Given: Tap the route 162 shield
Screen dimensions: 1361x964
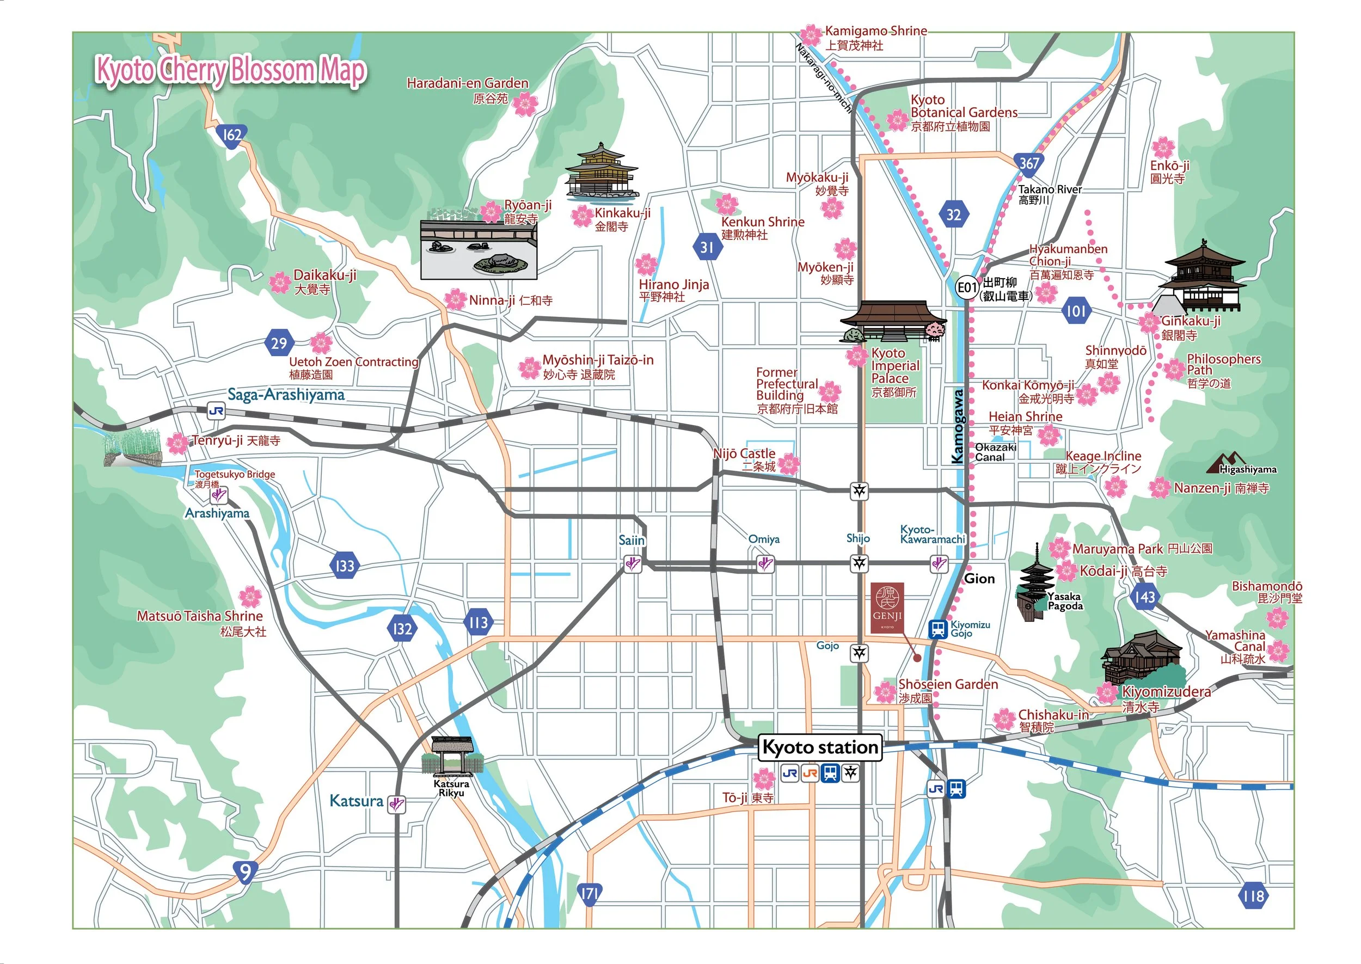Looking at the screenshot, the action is [x=231, y=136].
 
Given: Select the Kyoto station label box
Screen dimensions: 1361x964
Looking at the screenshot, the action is [x=820, y=747].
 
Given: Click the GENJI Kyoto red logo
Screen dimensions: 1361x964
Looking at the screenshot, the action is [x=887, y=607].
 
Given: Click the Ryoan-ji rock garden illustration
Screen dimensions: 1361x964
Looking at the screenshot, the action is [x=479, y=248].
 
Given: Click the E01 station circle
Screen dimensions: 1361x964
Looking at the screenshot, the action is [x=967, y=288].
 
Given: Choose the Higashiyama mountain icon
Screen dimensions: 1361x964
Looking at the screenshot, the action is [x=1225, y=463].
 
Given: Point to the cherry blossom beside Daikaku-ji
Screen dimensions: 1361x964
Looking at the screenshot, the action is [x=280, y=282].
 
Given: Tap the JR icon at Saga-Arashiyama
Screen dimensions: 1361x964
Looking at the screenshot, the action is [x=216, y=411].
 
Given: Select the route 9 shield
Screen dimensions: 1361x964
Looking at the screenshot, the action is [x=245, y=871].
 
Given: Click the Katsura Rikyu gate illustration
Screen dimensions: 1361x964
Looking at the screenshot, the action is [x=452, y=757].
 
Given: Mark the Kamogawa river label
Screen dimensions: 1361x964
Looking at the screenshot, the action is [x=957, y=426].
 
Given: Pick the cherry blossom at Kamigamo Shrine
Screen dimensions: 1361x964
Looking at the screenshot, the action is [x=811, y=35].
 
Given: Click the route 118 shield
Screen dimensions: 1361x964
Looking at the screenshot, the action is [x=1254, y=896].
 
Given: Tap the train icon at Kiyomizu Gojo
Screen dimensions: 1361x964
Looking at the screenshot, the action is [x=938, y=629].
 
